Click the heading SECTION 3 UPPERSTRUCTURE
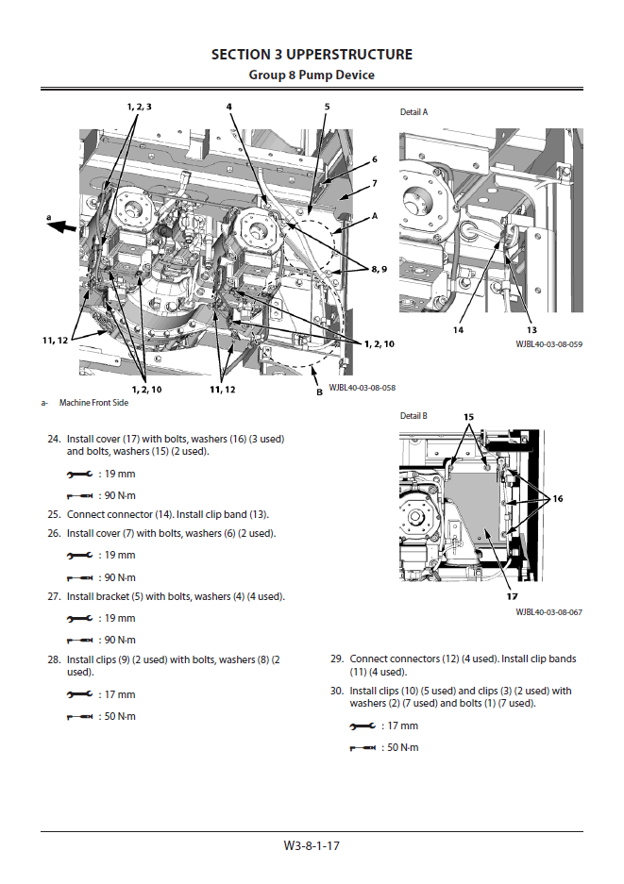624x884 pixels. pos(312,55)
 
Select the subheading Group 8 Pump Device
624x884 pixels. pos(312,75)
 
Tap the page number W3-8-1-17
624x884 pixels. pos(312,845)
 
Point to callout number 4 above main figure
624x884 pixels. pos(228,107)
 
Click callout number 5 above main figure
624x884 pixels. pos(327,107)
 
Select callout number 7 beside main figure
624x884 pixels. pos(374,183)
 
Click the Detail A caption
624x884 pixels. pos(413,112)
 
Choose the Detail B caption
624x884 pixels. pos(413,416)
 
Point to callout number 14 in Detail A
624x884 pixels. pos(457,330)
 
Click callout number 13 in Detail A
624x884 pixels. pos(531,330)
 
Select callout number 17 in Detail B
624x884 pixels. pos(511,596)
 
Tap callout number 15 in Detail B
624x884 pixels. pos(468,416)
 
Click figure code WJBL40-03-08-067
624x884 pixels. pos(548,612)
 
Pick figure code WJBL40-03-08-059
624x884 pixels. pos(548,344)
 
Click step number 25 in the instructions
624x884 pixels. pos(54,515)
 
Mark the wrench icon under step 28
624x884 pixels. pos(79,694)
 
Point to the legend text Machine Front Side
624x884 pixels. pos(93,403)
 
